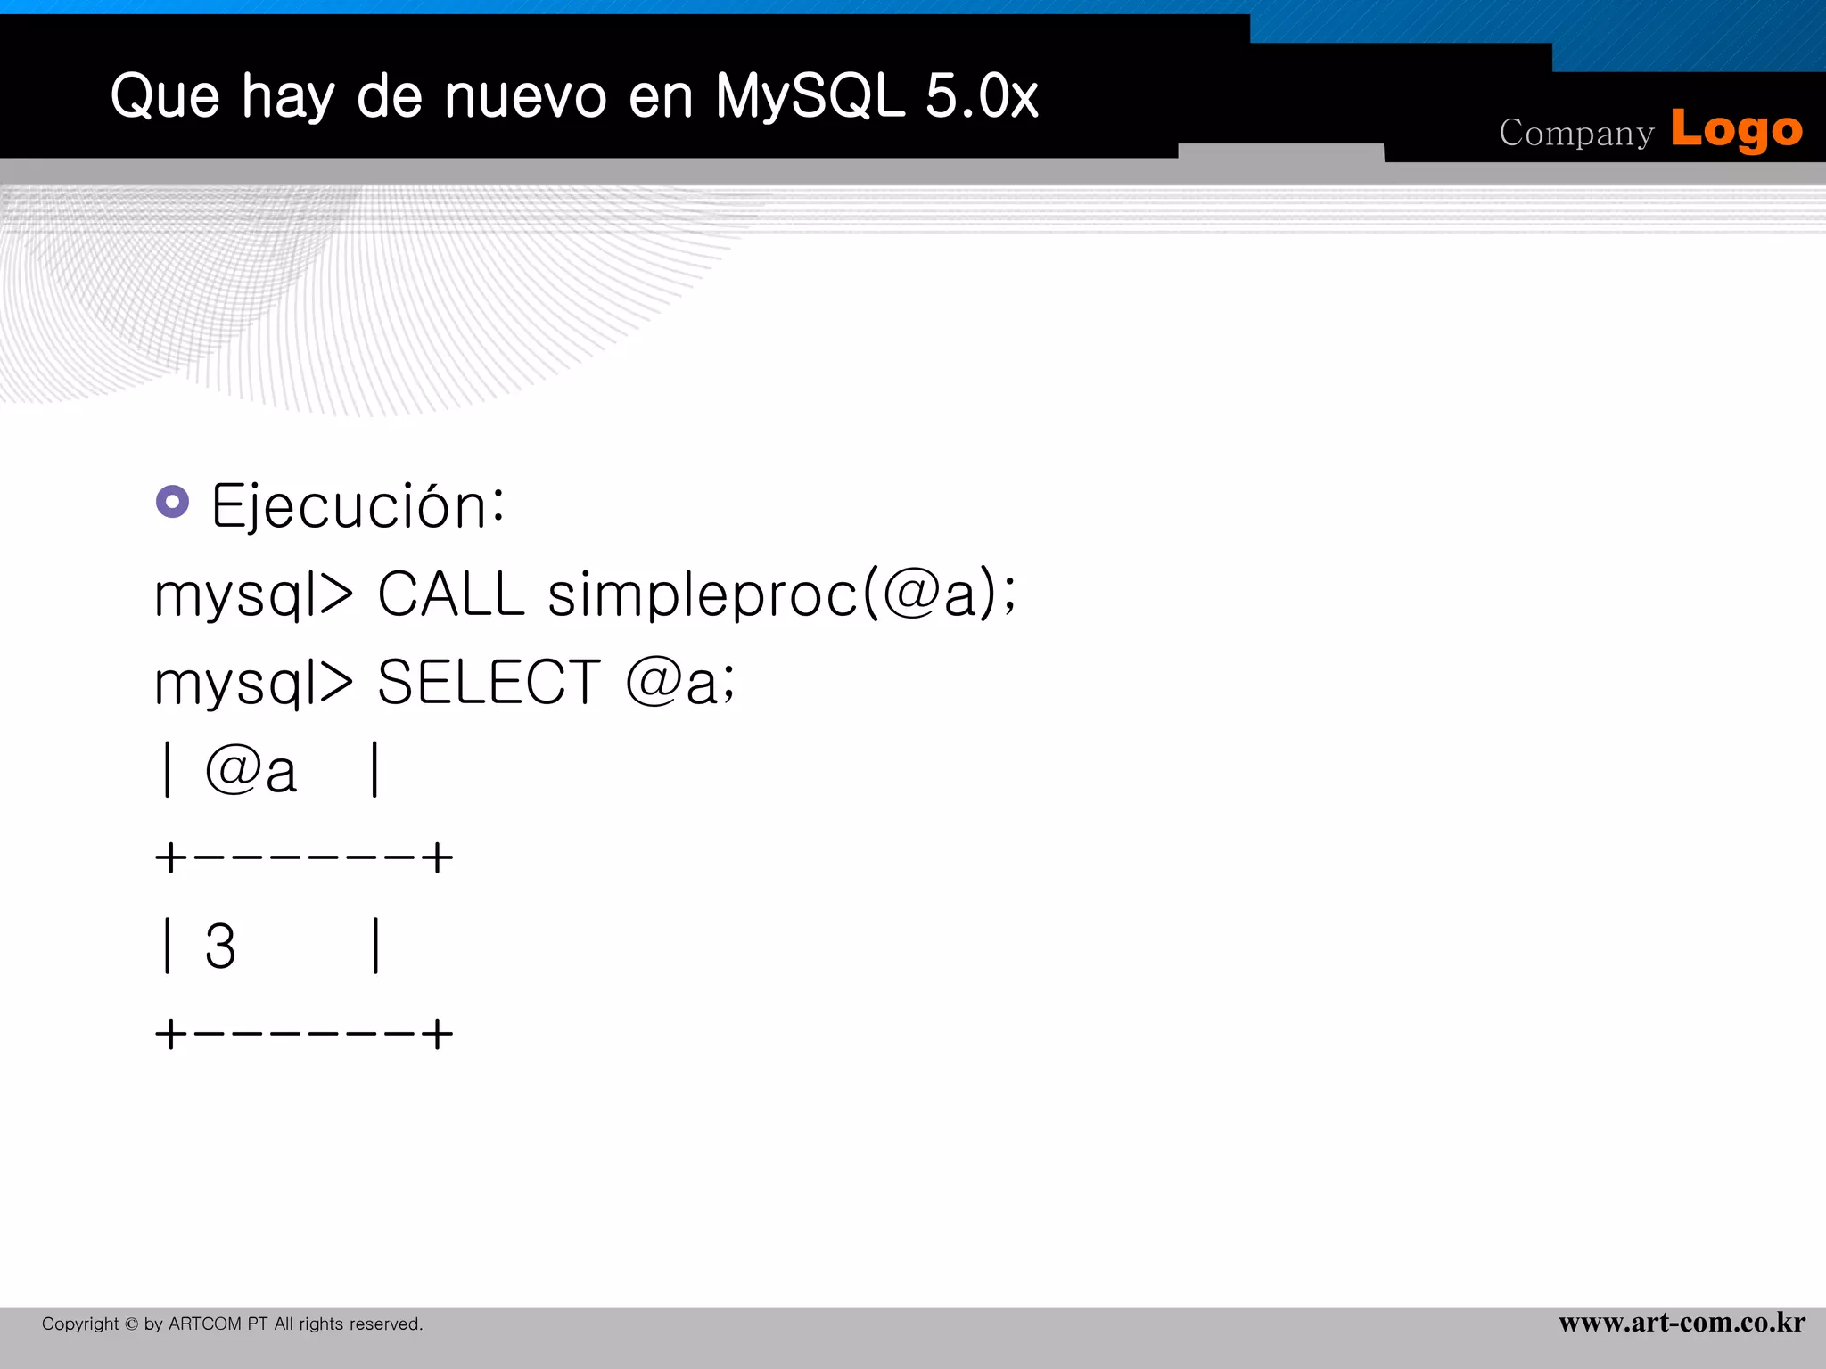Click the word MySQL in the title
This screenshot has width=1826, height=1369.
809,96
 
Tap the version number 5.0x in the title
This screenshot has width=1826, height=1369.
982,96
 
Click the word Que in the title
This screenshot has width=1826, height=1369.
165,96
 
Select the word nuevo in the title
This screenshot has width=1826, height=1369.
526,96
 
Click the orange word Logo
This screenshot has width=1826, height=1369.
1736,130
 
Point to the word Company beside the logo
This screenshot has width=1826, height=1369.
1575,134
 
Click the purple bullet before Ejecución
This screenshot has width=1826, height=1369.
173,502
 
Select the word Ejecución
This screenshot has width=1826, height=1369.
358,506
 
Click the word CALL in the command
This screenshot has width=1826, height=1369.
451,594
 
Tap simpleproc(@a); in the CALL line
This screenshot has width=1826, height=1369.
782,594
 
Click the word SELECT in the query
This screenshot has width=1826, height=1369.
489,683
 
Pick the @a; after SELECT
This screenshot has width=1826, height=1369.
681,683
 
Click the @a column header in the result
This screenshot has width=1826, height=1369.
251,771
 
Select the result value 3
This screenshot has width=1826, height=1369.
220,947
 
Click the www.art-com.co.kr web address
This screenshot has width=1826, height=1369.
1682,1323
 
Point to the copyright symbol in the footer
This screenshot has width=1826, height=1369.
131,1324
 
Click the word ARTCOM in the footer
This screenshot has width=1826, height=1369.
205,1324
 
